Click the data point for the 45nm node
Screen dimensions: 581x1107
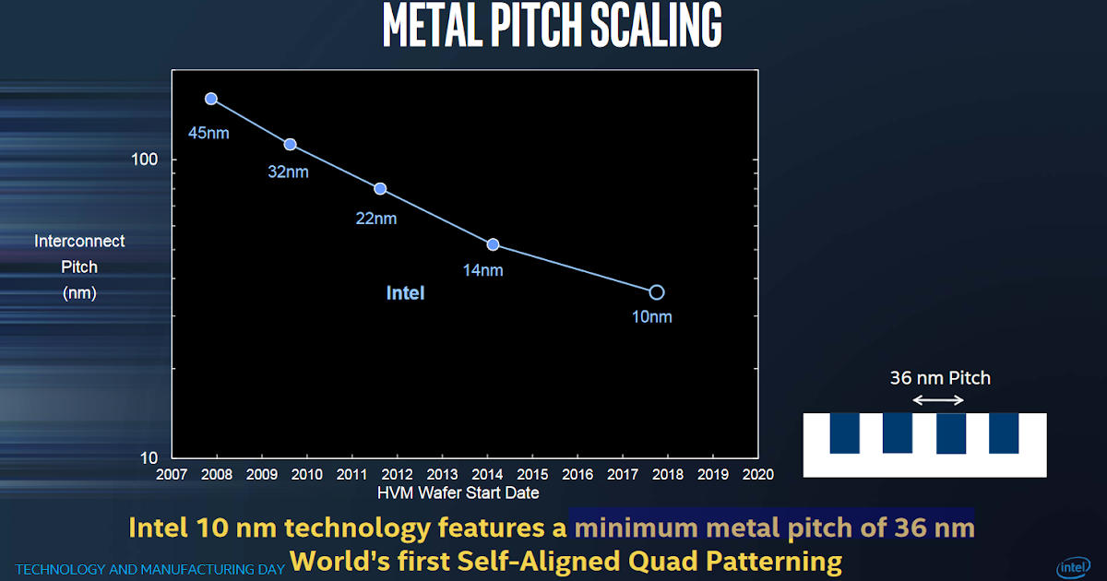pyautogui.click(x=210, y=99)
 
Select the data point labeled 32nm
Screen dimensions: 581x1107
pyautogui.click(x=290, y=145)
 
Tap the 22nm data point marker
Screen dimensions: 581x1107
pyautogui.click(x=379, y=189)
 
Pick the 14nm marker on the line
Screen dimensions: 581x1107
pyautogui.click(x=493, y=244)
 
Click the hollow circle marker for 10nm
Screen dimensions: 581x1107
pyautogui.click(x=656, y=292)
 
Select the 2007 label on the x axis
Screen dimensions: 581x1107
pyautogui.click(x=172, y=475)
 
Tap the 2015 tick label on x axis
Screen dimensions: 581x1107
pyautogui.click(x=532, y=475)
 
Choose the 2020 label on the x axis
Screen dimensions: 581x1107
pyautogui.click(x=757, y=475)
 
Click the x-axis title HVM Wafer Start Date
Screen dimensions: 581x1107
pyautogui.click(x=458, y=493)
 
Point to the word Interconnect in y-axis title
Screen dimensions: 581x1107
pyautogui.click(x=79, y=241)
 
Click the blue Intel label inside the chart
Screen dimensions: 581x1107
pyautogui.click(x=405, y=293)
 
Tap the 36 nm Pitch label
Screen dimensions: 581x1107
pyautogui.click(x=940, y=377)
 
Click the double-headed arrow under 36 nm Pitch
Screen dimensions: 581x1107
pyautogui.click(x=938, y=399)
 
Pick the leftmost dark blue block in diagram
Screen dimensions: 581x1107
pyautogui.click(x=844, y=433)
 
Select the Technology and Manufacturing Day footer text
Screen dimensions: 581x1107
pyautogui.click(x=149, y=570)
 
